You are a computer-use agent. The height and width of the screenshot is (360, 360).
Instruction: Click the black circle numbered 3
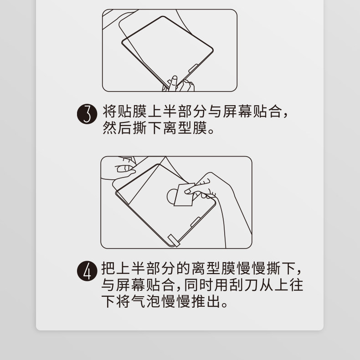pyautogui.click(x=87, y=114)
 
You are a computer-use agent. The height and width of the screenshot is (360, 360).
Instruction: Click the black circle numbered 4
pyautogui.click(x=87, y=271)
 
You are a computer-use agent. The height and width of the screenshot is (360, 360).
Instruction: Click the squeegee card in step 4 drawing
pyautogui.click(x=184, y=194)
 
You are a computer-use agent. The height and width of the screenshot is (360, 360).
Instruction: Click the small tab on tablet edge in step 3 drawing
pyautogui.click(x=193, y=68)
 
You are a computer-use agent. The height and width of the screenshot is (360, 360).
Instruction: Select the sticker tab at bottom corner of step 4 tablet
pyautogui.click(x=174, y=241)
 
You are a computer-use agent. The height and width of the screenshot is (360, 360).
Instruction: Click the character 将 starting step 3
pyautogui.click(x=109, y=112)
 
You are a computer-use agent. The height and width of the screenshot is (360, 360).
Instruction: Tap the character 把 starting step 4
pyautogui.click(x=108, y=268)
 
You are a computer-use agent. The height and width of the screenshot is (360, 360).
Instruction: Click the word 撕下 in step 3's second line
pyautogui.click(x=147, y=127)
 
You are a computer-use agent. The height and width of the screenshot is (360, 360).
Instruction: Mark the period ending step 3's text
pyautogui.click(x=211, y=132)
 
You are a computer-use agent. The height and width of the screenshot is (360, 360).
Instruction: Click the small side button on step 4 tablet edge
pyautogui.click(x=195, y=222)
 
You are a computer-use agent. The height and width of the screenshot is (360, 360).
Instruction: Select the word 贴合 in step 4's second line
pyautogui.click(x=160, y=285)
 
